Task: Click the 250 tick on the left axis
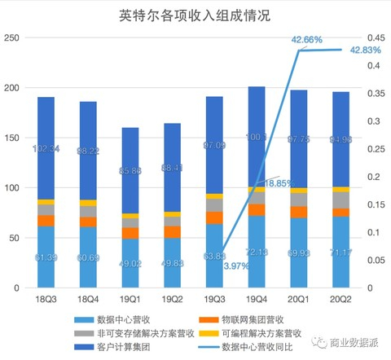click(x=12, y=37)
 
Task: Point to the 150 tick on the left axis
click(x=12, y=138)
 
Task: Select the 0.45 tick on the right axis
click(x=376, y=37)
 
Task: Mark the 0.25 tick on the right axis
click(x=376, y=149)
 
